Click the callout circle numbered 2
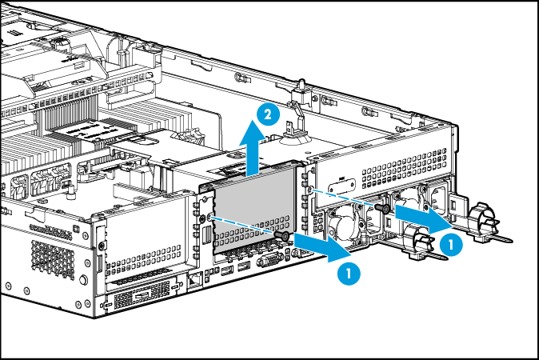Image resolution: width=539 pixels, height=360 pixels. (x=270, y=116)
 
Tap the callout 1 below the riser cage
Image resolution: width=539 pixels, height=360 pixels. (x=347, y=273)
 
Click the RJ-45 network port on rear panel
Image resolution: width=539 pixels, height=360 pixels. (x=195, y=280)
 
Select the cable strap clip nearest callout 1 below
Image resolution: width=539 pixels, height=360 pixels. (x=417, y=240)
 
